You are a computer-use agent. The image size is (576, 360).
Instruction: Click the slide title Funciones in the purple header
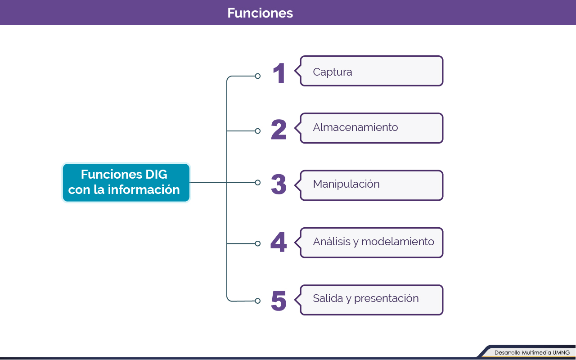pos(260,13)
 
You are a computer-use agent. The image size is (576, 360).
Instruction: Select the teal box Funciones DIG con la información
pos(126,182)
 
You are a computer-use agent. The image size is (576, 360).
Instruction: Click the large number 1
pos(279,73)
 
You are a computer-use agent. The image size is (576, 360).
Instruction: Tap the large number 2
pos(279,130)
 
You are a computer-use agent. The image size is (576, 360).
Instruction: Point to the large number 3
pos(279,184)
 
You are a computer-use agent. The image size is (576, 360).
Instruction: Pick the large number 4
pos(279,242)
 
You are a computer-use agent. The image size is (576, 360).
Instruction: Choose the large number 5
pos(279,301)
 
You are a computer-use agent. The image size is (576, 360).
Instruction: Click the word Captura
pos(333,72)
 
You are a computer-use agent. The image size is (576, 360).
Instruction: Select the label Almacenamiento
pos(355,127)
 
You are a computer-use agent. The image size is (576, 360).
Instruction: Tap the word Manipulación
pos(346,184)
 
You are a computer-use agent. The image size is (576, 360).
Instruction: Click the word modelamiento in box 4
pos(398,242)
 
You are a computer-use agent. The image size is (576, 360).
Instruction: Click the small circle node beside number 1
pos(258,76)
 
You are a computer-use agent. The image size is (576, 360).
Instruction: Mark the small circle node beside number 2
pos(258,131)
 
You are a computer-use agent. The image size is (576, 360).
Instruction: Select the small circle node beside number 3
pos(258,182)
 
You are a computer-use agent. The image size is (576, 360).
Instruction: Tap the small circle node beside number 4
pos(258,243)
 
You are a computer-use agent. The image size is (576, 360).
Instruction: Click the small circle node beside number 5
pos(258,301)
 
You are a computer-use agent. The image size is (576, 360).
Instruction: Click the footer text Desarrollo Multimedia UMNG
pos(532,353)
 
